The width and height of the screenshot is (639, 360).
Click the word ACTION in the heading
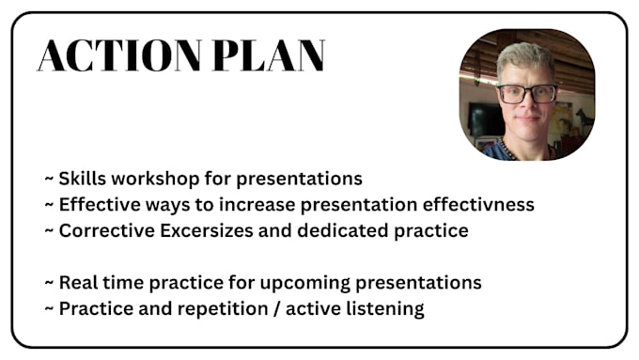pyautogui.click(x=119, y=55)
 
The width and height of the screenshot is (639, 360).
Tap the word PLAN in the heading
pyautogui.click(x=269, y=55)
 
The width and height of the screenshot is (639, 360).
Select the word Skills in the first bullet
pyautogui.click(x=83, y=179)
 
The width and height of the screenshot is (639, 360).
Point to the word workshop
pyautogui.click(x=155, y=179)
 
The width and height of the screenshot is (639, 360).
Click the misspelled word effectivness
pyautogui.click(x=478, y=204)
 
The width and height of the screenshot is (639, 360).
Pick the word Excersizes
pyautogui.click(x=206, y=230)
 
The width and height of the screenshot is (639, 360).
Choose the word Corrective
pyautogui.click(x=107, y=230)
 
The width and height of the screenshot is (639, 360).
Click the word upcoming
pyautogui.click(x=304, y=283)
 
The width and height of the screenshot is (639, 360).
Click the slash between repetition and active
pyautogui.click(x=277, y=308)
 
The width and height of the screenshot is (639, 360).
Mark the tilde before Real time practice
pyautogui.click(x=49, y=282)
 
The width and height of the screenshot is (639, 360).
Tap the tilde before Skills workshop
pyautogui.click(x=49, y=179)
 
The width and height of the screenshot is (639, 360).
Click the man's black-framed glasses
pyautogui.click(x=526, y=93)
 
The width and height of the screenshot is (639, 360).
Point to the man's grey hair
pyautogui.click(x=525, y=57)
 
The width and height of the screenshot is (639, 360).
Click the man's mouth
pyautogui.click(x=527, y=118)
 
